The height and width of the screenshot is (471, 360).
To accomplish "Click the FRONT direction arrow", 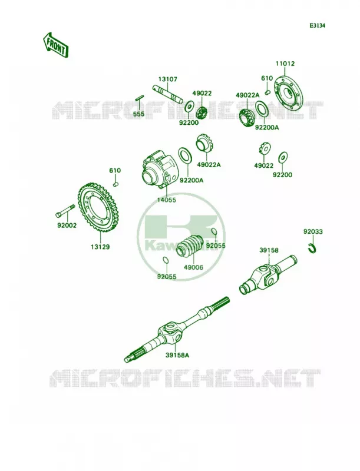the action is coord(56,45).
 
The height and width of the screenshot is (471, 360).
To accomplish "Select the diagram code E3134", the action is coord(318,26).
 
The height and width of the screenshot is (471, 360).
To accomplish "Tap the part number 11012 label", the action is coord(285,64).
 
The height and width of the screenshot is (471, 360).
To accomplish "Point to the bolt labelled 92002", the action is coord(65,211).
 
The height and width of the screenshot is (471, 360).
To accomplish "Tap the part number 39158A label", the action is coord(177,356).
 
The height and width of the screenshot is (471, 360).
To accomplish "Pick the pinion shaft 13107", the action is coord(167,94).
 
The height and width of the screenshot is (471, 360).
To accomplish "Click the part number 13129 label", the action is coord(100,247).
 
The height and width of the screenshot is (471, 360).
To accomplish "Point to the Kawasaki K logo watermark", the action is coord(181,236).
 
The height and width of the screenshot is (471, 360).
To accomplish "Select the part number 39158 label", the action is coord(269,250).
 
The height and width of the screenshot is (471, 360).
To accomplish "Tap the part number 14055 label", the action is coord(167,200).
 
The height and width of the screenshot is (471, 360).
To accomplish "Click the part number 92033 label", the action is coord(313,231).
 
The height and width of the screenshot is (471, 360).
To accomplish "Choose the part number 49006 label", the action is coord(193,267).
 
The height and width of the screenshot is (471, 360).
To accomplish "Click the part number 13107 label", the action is coord(168,79).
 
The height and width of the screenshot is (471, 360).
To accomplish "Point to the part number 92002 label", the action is coord(67,225).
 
